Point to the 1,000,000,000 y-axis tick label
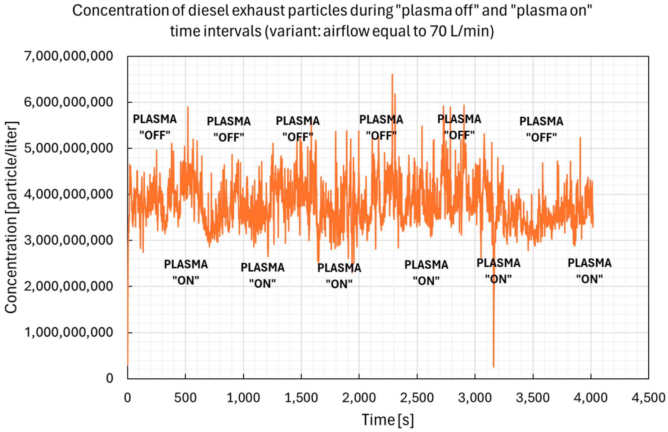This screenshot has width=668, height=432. click(x=69, y=332)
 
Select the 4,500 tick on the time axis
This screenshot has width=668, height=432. click(x=648, y=398)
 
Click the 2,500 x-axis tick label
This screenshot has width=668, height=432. click(x=417, y=398)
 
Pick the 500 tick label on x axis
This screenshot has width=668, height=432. click(x=185, y=398)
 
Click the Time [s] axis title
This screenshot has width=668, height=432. click(x=388, y=420)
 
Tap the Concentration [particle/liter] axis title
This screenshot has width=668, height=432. click(x=11, y=217)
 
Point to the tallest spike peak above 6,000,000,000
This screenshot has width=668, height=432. click(x=392, y=74)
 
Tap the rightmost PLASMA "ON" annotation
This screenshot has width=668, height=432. click(x=589, y=271)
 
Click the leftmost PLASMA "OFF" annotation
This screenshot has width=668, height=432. click(x=155, y=127)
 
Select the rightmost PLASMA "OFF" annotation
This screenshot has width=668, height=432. click(x=541, y=129)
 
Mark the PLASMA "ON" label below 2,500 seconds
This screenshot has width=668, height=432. click(x=426, y=273)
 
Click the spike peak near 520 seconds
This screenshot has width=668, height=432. click(x=188, y=107)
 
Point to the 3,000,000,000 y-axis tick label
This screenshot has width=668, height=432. click(x=69, y=241)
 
